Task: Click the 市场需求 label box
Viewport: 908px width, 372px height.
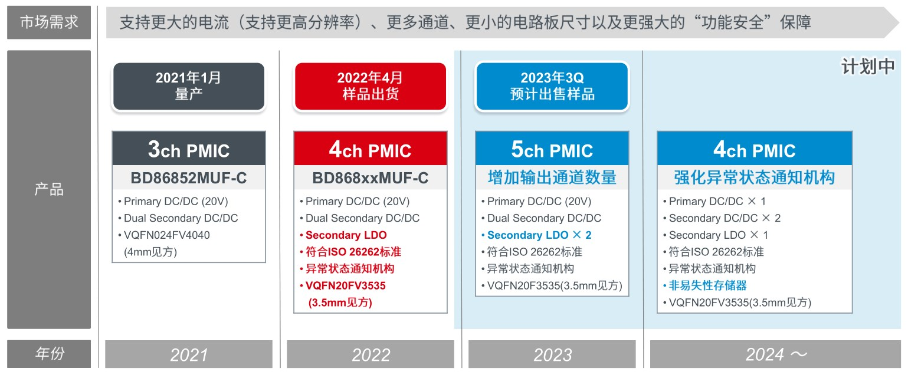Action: click(x=49, y=22)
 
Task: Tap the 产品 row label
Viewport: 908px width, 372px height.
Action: click(x=49, y=189)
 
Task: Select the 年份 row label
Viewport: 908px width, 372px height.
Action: click(x=49, y=354)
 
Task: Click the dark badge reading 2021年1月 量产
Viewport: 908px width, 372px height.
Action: click(x=189, y=86)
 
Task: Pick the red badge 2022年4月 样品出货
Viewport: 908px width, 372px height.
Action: click(x=371, y=86)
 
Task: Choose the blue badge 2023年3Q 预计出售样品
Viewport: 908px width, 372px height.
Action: click(x=552, y=86)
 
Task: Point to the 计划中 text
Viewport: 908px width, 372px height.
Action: click(x=868, y=67)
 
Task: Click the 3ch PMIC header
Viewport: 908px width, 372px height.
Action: click(x=189, y=149)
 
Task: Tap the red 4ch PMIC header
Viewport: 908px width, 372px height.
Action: click(x=371, y=149)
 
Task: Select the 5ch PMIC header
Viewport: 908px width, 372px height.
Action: click(x=552, y=149)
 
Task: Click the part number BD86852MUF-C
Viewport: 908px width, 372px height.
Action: click(x=189, y=178)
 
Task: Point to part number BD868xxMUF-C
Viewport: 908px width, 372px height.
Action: click(x=371, y=178)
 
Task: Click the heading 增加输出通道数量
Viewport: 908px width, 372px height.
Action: click(x=552, y=177)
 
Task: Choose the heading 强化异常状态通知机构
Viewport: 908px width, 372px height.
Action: click(x=755, y=177)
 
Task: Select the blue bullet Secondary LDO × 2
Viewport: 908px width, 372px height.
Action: click(x=537, y=235)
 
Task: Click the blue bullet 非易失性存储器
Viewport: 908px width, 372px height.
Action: click(x=705, y=286)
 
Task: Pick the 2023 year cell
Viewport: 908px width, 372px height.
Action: click(x=552, y=354)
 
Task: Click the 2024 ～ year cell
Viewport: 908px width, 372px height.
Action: click(x=775, y=354)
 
